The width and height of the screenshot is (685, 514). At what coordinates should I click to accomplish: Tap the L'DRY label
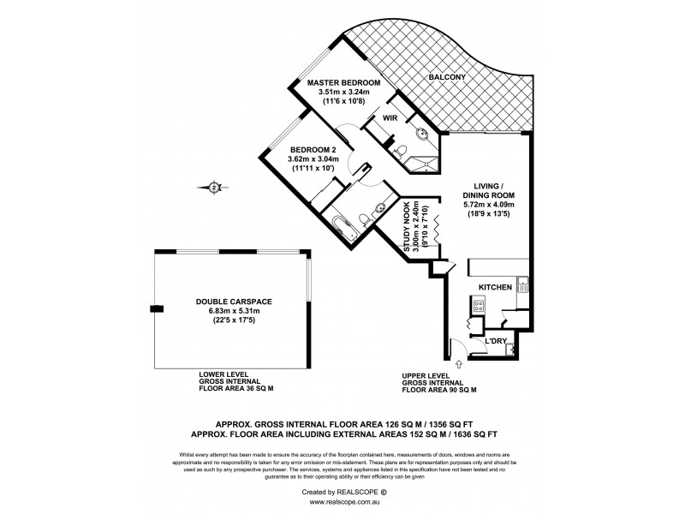(497, 342)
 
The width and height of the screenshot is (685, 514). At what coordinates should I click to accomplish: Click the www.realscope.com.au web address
(342, 505)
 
